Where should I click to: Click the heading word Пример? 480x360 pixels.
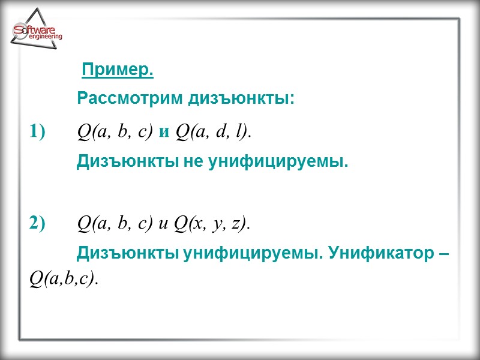point(118,71)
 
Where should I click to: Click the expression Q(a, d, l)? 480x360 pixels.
point(212,131)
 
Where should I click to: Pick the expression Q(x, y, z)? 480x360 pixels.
point(212,224)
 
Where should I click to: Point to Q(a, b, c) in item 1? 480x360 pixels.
point(116,131)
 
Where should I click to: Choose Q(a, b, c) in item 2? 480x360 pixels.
point(116,224)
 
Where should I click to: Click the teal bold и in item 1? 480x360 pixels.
point(164,131)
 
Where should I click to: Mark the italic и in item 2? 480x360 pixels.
point(164,224)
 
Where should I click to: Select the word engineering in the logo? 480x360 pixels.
point(45,37)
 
